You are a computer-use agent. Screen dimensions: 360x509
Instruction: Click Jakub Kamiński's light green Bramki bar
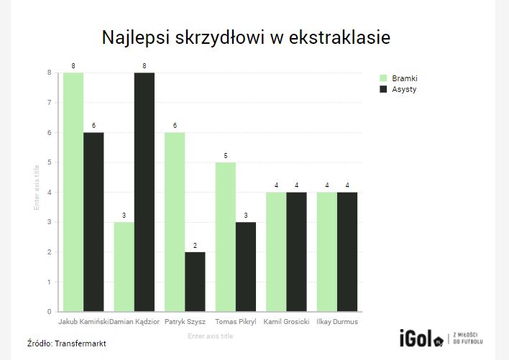pos(73,192)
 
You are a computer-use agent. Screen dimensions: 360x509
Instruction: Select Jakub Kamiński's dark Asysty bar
pos(93,222)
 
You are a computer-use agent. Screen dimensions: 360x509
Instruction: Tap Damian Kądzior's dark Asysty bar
pos(145,192)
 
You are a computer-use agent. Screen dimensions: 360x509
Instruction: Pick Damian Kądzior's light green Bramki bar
pos(124,267)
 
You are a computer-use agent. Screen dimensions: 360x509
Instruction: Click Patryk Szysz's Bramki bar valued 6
pos(175,222)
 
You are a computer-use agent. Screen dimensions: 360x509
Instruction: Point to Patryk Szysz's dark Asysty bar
pos(195,282)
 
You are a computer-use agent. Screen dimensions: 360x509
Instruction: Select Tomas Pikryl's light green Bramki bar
pos(226,237)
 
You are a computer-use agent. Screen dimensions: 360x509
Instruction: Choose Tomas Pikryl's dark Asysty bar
pos(246,267)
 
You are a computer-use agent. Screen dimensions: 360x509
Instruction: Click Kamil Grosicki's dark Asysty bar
pos(296,252)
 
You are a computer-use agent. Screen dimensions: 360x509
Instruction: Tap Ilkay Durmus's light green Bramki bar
pos(327,252)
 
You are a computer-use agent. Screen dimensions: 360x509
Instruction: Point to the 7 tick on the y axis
pos(49,103)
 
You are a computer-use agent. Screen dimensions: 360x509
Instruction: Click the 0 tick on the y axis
pos(49,312)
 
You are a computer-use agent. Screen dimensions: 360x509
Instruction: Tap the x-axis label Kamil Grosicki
pos(286,322)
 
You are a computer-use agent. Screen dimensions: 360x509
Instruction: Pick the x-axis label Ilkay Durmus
pos(337,322)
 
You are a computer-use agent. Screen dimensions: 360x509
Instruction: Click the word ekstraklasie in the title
pos(339,37)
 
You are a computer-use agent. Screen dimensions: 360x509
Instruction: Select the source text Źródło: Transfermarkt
pos(67,343)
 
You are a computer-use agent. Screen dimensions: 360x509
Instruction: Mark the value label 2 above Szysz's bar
pos(195,246)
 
